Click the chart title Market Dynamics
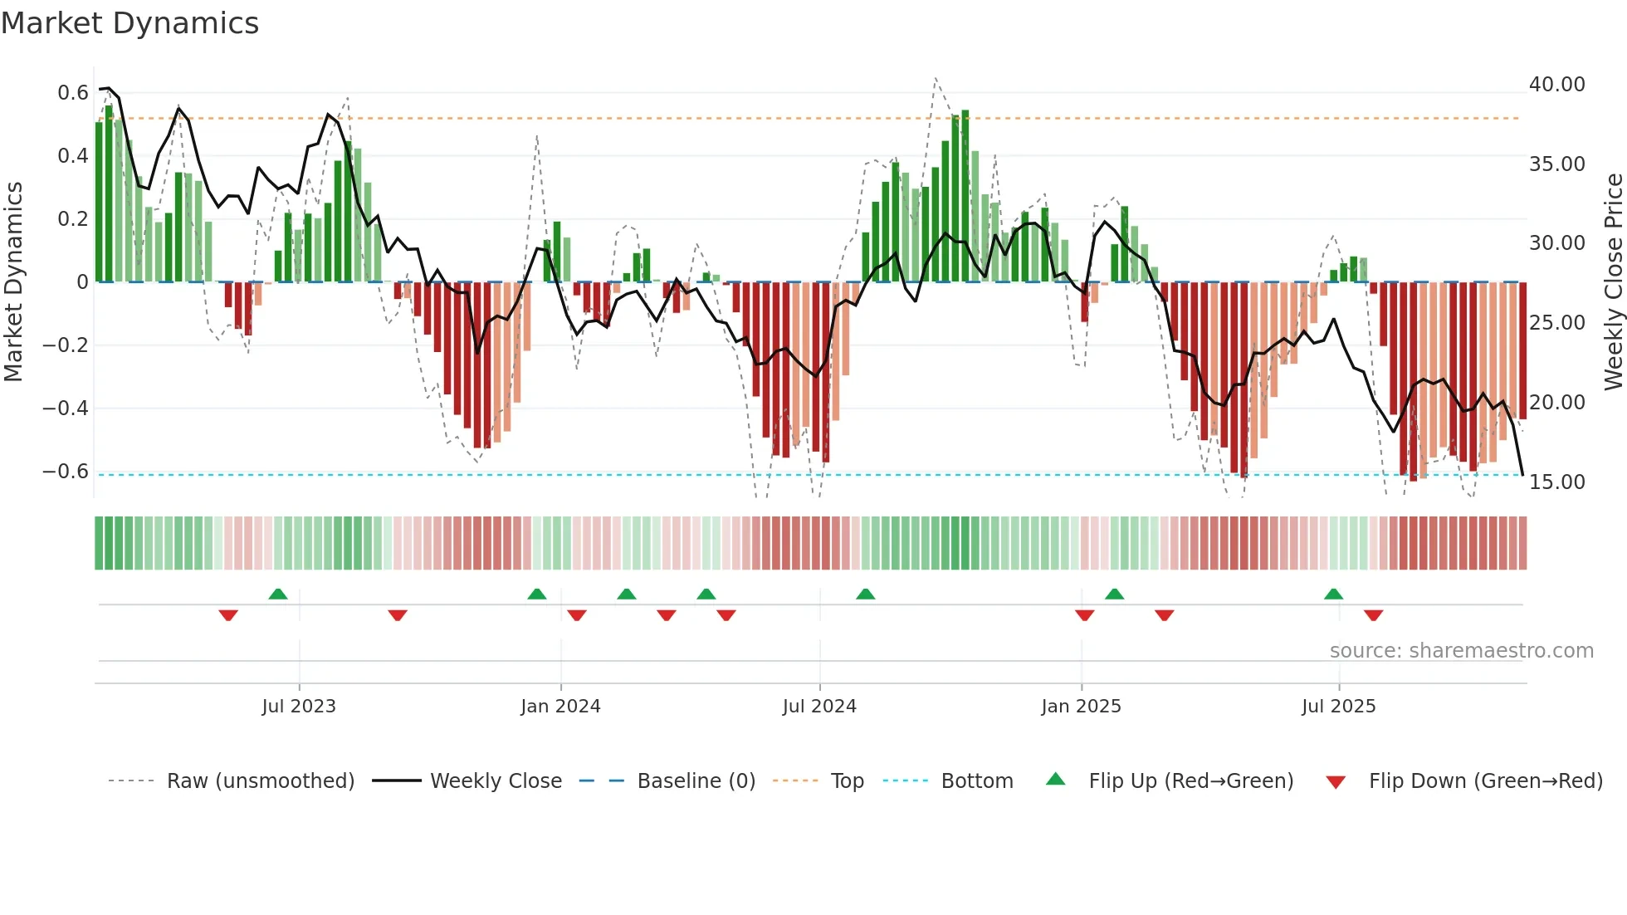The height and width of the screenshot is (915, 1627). click(x=129, y=23)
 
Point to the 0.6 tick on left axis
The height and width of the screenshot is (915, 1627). click(x=72, y=93)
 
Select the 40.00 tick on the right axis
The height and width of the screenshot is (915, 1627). click(x=1556, y=85)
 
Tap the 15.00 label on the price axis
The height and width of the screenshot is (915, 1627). click(x=1556, y=482)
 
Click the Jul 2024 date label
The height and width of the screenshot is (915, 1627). click(x=819, y=707)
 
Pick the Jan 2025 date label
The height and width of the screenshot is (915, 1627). click(x=1081, y=707)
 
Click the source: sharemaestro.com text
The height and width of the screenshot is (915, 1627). click(x=1461, y=651)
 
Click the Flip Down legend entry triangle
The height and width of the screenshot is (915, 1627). click(x=1336, y=782)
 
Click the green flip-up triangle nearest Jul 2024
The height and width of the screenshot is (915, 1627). click(x=865, y=595)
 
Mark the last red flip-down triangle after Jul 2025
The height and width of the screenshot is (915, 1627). click(x=1373, y=615)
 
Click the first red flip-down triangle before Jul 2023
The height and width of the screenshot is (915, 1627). click(x=228, y=615)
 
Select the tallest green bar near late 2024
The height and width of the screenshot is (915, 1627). click(x=965, y=196)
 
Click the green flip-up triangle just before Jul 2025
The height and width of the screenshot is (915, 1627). click(x=1333, y=595)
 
